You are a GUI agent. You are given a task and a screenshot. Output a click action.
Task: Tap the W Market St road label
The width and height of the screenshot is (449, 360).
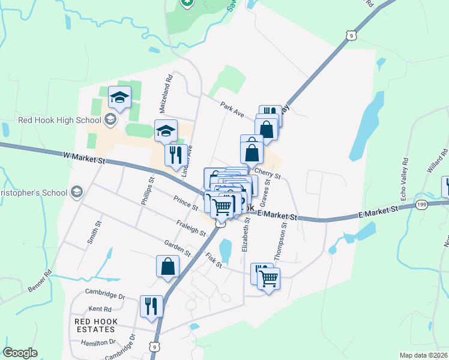coord(84,159)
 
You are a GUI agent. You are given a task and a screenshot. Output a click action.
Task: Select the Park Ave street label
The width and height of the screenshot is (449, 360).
coord(232,109)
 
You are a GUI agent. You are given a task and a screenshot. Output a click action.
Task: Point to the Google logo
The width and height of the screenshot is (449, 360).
coord(20,353)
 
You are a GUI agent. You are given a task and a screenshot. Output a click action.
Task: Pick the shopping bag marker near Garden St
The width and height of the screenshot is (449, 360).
coord(168,266)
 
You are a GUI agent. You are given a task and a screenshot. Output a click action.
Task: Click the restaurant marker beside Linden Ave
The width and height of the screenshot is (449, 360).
coord(175,154)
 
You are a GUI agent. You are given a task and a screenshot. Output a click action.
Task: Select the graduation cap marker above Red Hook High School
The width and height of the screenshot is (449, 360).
coord(120,97)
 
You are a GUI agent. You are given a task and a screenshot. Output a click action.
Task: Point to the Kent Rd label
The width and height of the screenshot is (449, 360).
coord(100,310)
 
